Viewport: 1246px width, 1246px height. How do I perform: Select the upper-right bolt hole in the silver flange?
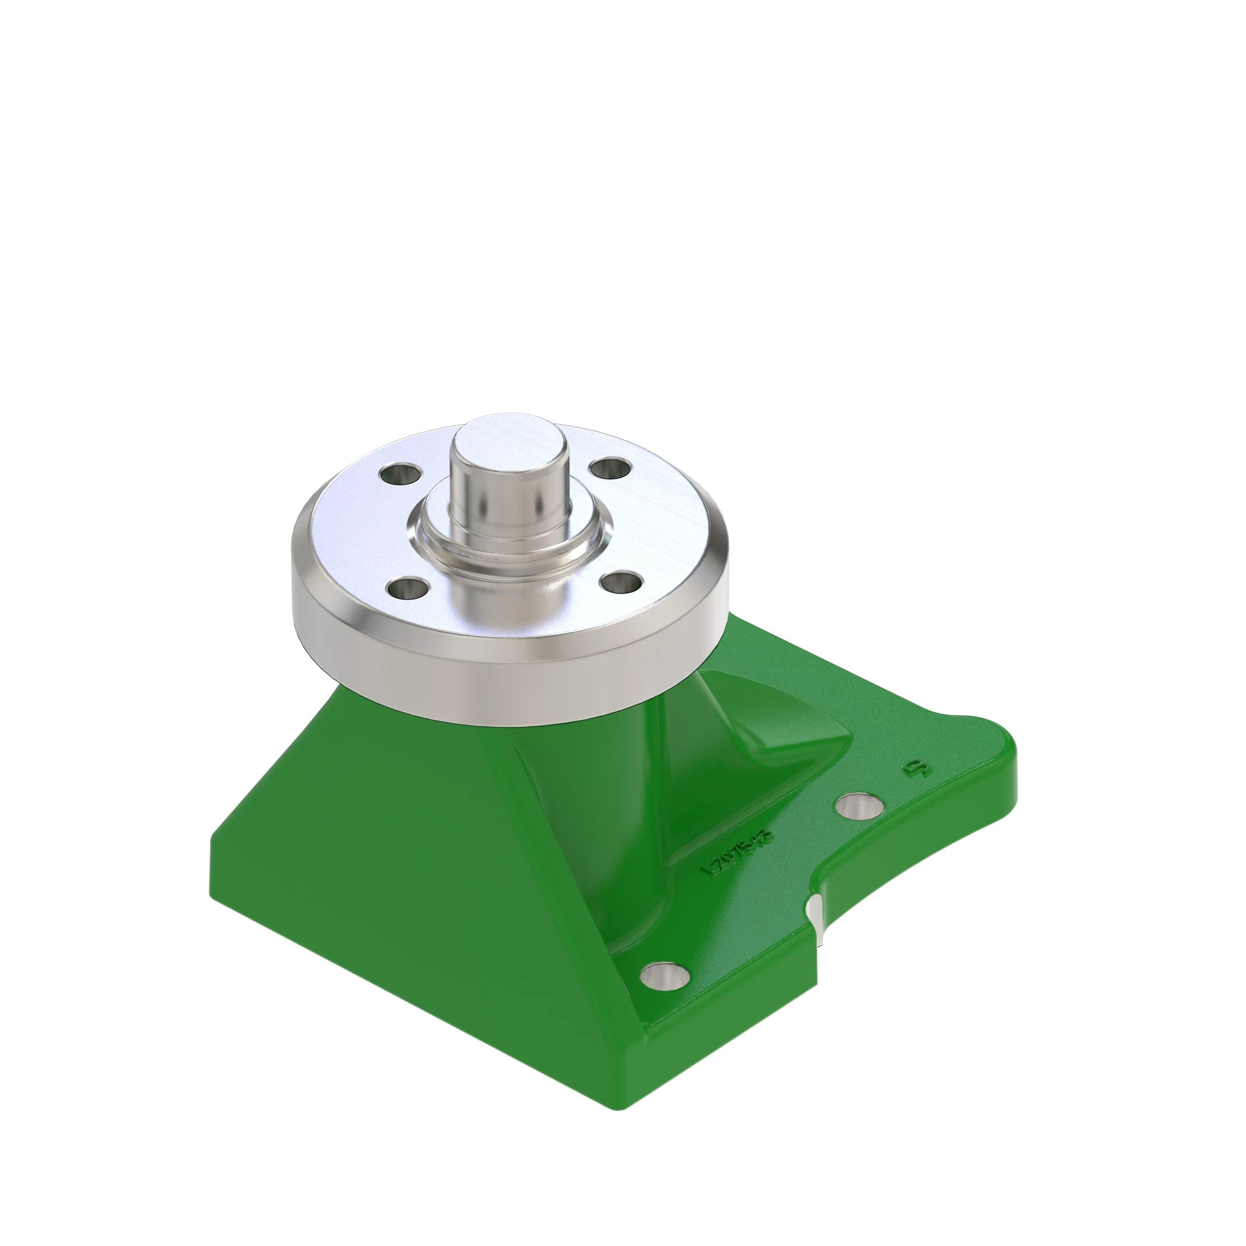610,468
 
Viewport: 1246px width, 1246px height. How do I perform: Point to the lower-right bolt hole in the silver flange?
621,582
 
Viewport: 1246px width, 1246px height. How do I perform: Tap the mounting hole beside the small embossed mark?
860,806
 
